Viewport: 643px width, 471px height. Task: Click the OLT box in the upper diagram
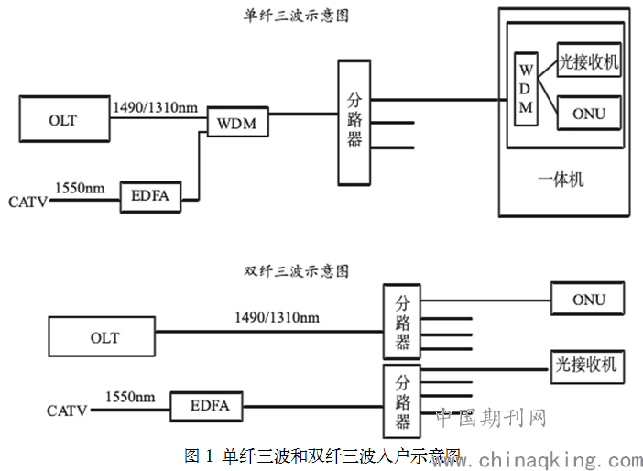[63, 120]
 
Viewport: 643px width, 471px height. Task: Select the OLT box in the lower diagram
[104, 337]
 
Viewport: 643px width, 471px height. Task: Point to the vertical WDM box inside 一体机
[526, 87]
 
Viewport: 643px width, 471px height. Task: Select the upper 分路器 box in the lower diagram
[402, 322]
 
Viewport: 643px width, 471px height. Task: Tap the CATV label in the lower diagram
[67, 411]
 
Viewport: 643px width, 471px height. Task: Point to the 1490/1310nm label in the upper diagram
[154, 106]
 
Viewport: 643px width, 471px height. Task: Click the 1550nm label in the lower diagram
[130, 397]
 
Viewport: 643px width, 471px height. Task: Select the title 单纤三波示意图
[295, 16]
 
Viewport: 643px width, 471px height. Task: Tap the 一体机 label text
[561, 179]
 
